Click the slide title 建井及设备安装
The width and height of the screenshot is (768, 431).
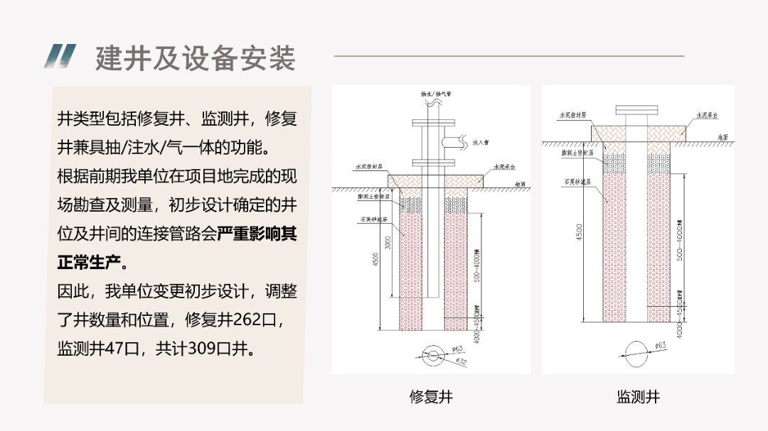tap(196, 58)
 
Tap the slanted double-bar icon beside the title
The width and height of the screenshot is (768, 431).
tap(60, 56)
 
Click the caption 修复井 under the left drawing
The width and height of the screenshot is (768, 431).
tap(431, 397)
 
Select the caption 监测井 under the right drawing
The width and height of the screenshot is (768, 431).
tap(638, 397)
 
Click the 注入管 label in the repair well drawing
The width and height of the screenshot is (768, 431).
tap(481, 143)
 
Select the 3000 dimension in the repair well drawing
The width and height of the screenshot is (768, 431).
tap(388, 243)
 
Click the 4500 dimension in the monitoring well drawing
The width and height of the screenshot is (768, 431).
tap(579, 232)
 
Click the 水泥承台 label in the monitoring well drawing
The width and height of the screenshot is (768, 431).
tap(707, 115)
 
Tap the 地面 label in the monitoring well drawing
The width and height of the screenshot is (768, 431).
tap(722, 136)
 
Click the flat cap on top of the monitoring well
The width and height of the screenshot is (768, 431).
tap(638, 110)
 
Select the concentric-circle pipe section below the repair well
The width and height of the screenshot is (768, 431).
tap(431, 356)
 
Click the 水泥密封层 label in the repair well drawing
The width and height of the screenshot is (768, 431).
tap(369, 168)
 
